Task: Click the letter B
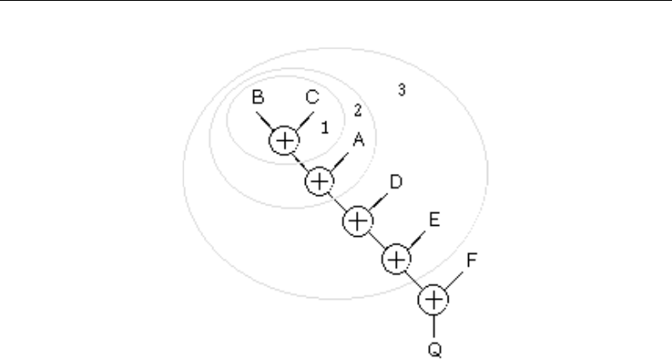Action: click(258, 98)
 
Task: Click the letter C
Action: click(312, 98)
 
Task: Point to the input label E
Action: click(433, 220)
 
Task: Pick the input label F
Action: click(472, 260)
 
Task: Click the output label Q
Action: click(434, 348)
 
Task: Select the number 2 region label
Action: click(358, 110)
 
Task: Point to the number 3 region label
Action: click(401, 87)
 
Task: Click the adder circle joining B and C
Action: click(285, 140)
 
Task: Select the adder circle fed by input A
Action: click(319, 180)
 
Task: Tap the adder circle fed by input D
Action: click(358, 220)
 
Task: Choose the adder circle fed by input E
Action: click(396, 258)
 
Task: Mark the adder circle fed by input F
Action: click(434, 299)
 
